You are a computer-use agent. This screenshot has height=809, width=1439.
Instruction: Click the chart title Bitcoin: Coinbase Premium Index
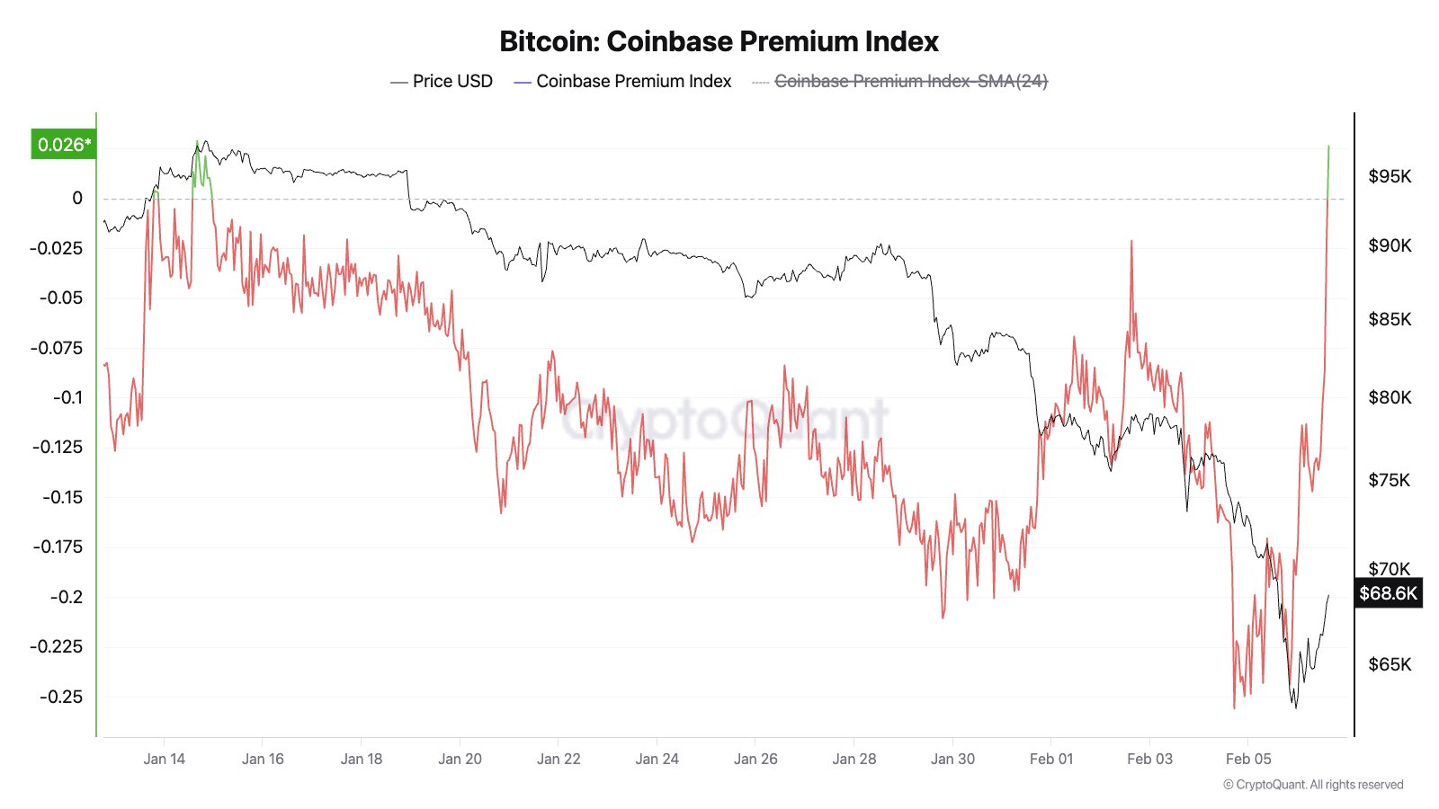tap(719, 41)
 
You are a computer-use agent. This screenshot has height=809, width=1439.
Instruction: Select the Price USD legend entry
tap(442, 81)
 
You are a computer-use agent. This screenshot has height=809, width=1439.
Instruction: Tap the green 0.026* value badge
tap(63, 145)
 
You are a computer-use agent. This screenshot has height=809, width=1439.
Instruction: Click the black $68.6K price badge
tap(1388, 593)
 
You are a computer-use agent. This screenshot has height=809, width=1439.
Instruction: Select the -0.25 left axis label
tap(60, 697)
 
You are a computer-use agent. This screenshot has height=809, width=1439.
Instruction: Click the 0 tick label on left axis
tap(77, 198)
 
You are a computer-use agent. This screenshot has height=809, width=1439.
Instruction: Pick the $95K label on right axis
tap(1390, 176)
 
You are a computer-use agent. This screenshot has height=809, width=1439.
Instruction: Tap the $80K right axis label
tap(1390, 397)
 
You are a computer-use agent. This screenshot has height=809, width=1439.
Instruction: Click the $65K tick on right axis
tap(1390, 664)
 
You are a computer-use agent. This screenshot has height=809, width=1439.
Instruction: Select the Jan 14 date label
tap(164, 759)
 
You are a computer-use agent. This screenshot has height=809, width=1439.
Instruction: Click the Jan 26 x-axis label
tap(755, 759)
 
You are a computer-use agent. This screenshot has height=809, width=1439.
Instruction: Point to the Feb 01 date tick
tap(1051, 759)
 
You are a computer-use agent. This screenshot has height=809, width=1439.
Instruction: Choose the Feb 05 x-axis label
tap(1248, 759)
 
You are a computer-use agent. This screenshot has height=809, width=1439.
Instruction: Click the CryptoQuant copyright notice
tap(1313, 785)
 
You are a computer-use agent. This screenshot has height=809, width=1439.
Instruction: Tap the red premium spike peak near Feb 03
tap(1131, 241)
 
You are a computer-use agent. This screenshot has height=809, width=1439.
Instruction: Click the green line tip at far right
tap(1328, 147)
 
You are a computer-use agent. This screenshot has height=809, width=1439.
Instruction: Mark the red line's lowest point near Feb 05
tap(1234, 707)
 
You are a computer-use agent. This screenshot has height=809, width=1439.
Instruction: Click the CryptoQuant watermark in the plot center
tap(725, 419)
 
